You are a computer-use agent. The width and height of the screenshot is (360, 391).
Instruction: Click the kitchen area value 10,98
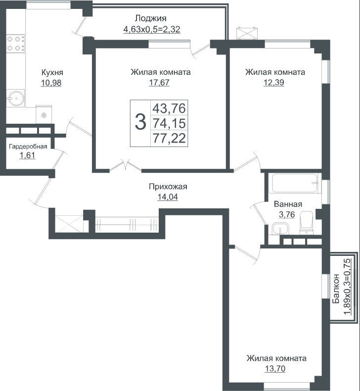51,83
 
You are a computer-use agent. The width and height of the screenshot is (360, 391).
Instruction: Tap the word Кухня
52,73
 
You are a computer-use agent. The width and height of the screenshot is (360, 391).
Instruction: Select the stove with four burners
15,44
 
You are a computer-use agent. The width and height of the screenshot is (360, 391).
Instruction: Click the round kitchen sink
16,98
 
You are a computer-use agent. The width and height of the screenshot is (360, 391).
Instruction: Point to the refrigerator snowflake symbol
44,115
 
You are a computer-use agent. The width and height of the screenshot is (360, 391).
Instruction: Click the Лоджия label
151,18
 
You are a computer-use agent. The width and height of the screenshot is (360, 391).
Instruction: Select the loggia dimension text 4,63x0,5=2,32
152,29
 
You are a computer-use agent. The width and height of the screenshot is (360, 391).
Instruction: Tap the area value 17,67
159,82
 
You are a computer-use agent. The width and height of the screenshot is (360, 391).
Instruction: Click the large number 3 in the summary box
140,122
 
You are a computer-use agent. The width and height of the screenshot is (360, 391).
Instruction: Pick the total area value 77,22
170,138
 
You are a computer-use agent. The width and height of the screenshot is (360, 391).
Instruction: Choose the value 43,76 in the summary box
170,108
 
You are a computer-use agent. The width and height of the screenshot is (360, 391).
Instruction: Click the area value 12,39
274,82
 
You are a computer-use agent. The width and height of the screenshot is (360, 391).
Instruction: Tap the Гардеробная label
28,147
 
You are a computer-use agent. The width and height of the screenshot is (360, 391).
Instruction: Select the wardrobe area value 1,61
27,155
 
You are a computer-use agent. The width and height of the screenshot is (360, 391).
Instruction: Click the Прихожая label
168,187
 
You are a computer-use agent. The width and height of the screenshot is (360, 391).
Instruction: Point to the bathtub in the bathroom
295,183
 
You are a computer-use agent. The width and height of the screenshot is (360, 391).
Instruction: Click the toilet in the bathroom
307,223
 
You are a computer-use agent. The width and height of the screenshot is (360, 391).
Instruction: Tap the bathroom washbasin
280,229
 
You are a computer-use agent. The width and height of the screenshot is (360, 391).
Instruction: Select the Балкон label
336,289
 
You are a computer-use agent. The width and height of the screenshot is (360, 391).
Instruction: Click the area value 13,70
275,369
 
